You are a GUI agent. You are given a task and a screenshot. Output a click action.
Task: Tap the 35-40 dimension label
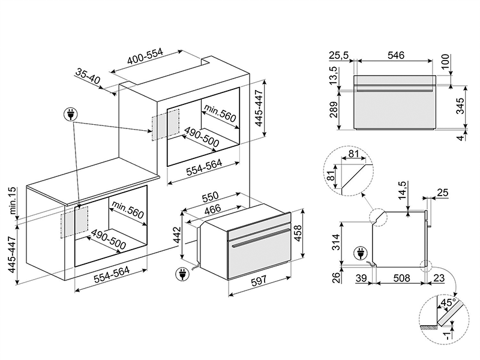[88, 76]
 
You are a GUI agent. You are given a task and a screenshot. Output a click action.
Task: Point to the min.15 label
[11, 200]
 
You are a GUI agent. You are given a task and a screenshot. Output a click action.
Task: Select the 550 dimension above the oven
[209, 199]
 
